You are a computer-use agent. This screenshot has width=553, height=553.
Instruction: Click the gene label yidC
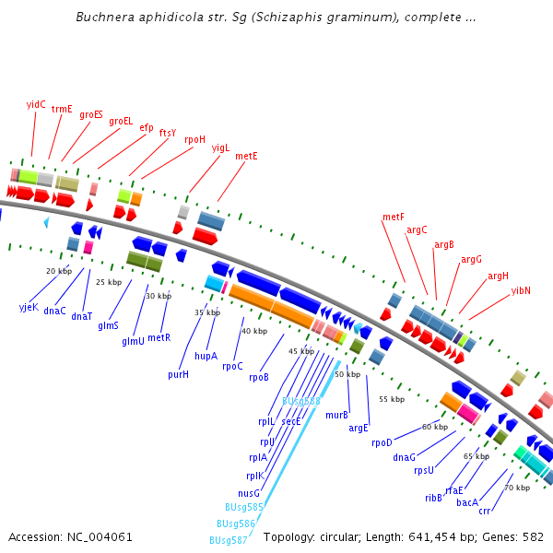click(36, 104)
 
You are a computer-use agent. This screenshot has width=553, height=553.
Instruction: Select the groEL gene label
click(121, 121)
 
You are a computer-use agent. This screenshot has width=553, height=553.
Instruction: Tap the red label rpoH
click(194, 139)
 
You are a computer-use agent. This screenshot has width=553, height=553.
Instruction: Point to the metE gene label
click(246, 156)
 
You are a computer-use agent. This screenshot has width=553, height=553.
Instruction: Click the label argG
click(471, 259)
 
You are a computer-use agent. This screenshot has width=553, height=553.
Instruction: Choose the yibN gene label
click(521, 290)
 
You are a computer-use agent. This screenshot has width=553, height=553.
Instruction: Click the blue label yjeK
click(29, 306)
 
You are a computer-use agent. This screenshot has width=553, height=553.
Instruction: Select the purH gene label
click(178, 374)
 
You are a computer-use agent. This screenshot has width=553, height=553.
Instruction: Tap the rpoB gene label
click(259, 377)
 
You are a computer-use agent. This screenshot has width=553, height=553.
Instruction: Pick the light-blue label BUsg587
click(228, 540)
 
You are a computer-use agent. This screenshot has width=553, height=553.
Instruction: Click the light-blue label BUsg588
click(301, 401)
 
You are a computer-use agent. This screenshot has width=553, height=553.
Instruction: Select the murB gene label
click(336, 415)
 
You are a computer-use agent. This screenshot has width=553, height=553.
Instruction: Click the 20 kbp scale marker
click(59, 271)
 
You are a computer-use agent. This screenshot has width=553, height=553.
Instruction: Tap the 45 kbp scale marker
click(301, 351)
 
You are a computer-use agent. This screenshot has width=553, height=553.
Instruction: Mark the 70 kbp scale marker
click(517, 487)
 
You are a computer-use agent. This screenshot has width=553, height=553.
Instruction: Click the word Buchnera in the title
click(104, 17)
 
